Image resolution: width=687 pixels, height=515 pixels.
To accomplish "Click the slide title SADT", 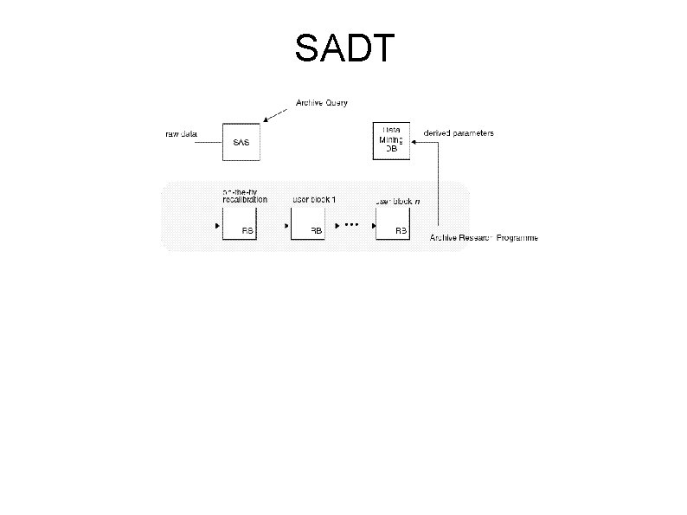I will click(x=344, y=49).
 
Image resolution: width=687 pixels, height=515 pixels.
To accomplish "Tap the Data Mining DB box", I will click(x=391, y=138).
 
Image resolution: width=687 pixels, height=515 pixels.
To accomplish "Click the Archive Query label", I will click(x=321, y=103).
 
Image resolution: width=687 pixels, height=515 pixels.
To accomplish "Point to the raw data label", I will click(x=182, y=134).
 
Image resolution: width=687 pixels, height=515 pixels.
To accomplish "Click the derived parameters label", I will click(x=459, y=133).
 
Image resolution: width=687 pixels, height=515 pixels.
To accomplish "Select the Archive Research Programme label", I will click(x=484, y=238).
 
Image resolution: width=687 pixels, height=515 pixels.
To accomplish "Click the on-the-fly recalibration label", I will click(x=244, y=195).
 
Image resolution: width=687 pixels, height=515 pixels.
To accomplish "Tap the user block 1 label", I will click(x=313, y=199).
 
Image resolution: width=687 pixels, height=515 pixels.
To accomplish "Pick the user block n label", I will click(x=398, y=200).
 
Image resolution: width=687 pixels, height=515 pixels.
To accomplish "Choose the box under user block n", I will click(x=393, y=223).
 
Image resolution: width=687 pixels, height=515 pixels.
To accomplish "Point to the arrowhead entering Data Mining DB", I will click(x=414, y=145).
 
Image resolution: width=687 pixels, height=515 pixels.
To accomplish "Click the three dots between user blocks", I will click(x=350, y=224).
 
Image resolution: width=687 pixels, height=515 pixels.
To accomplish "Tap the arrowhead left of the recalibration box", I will click(x=217, y=226).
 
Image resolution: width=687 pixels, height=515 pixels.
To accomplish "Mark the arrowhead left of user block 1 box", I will click(x=286, y=226).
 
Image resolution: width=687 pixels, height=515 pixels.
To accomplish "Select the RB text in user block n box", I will click(x=401, y=231).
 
